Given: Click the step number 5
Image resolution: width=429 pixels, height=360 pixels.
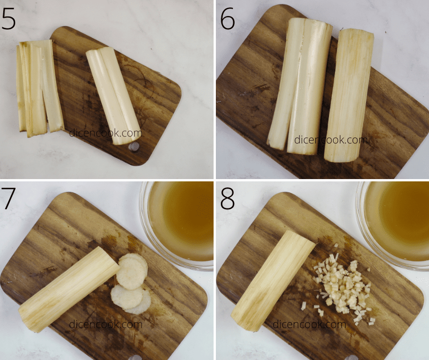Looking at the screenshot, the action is click(8, 19).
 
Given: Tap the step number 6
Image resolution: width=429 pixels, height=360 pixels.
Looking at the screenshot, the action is click(227, 19).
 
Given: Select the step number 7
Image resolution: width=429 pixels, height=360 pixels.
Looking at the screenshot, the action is click(8, 198).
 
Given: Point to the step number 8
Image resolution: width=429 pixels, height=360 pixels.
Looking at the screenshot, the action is click(227, 198).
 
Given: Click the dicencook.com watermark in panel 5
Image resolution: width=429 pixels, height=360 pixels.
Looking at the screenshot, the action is click(105, 133).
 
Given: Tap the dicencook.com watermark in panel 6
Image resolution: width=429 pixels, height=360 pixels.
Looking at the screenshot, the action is click(331, 140).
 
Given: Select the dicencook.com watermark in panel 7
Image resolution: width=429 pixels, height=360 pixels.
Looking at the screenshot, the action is click(105, 324).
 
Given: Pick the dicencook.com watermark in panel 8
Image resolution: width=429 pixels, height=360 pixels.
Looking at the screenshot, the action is click(309, 324).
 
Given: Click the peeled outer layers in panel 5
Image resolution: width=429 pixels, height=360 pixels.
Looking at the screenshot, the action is click(40, 88).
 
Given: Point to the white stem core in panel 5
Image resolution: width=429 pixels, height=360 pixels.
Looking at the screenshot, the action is click(113, 95).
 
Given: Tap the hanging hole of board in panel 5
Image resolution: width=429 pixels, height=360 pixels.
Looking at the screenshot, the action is click(134, 147).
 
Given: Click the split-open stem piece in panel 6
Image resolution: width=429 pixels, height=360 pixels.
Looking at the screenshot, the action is click(299, 85).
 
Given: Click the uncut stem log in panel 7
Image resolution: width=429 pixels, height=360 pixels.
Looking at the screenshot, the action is click(68, 289).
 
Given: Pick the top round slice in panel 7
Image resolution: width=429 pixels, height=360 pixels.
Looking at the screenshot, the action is click(132, 271).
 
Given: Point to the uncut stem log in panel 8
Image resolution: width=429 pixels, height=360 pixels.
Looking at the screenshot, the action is click(273, 281).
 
